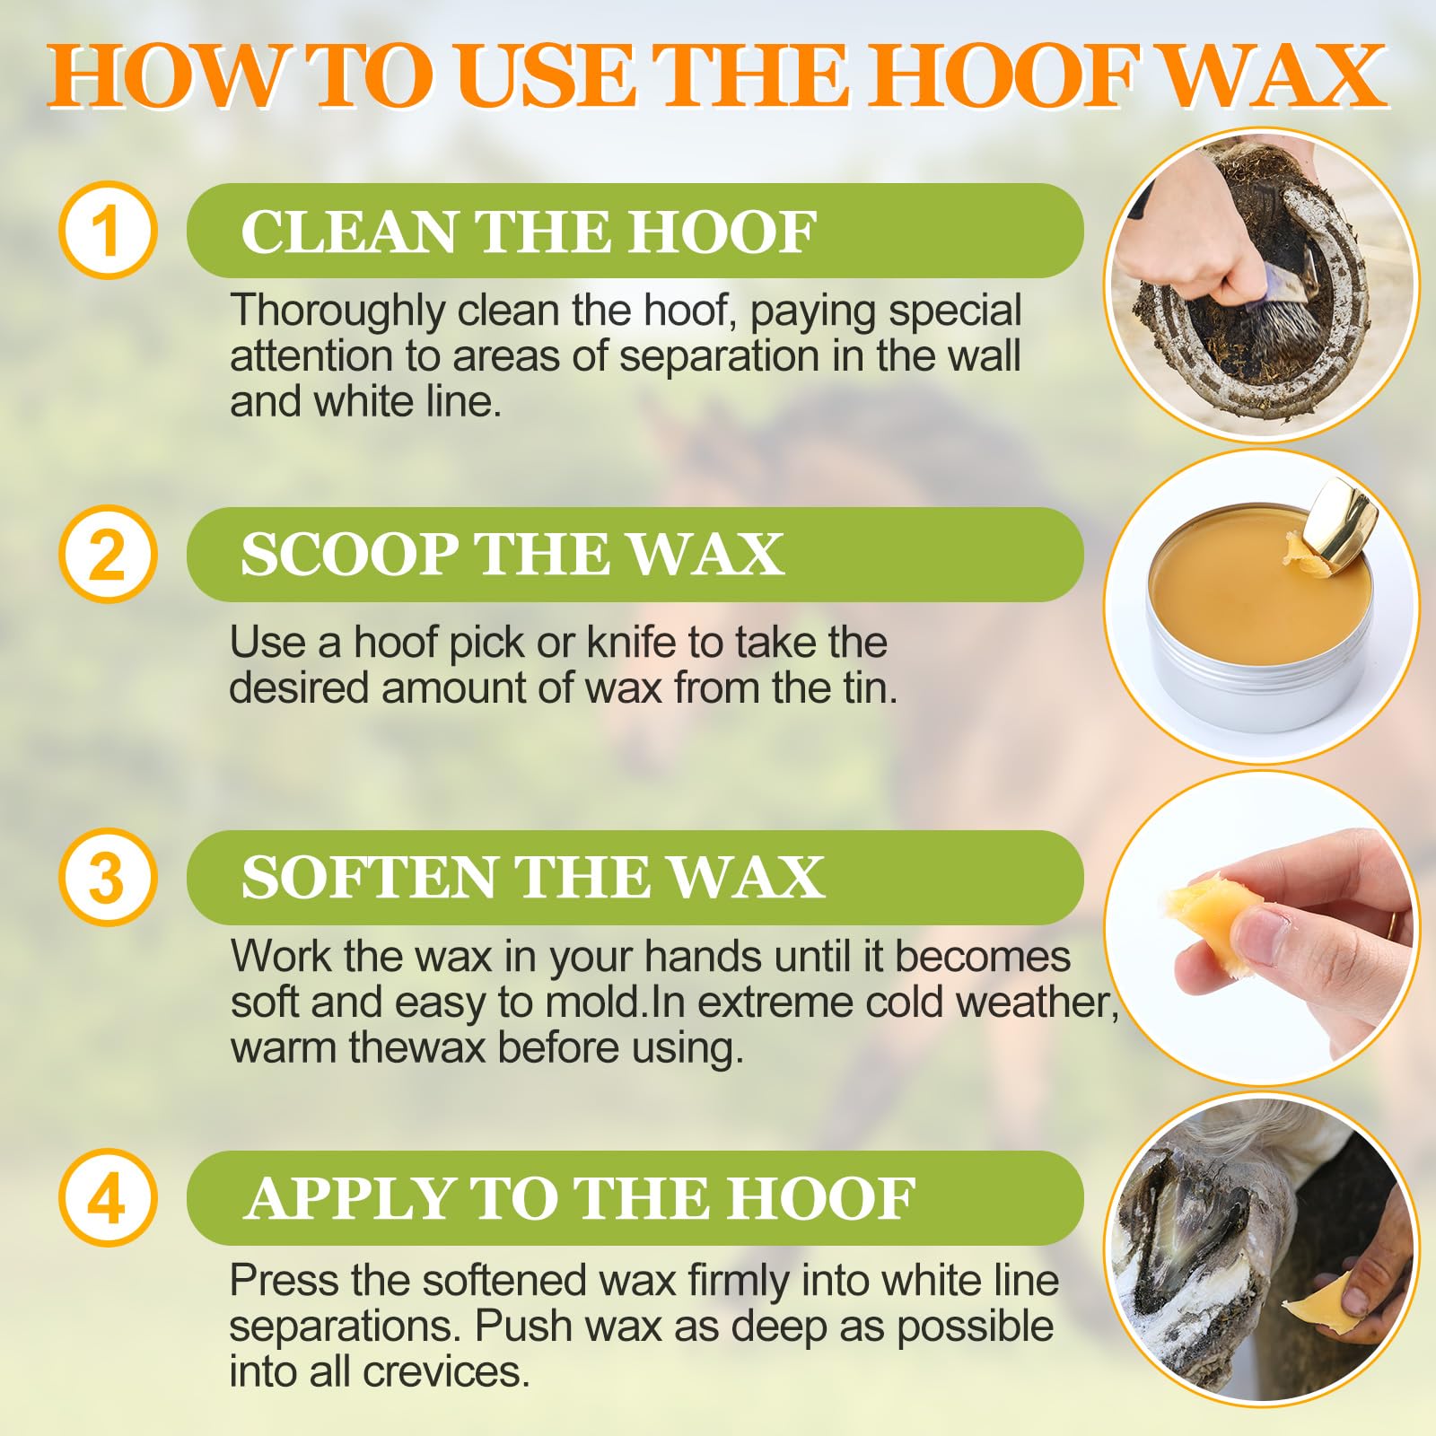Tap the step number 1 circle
click(108, 231)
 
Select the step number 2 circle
click(108, 554)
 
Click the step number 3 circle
click(108, 877)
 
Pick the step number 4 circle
click(108, 1198)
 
